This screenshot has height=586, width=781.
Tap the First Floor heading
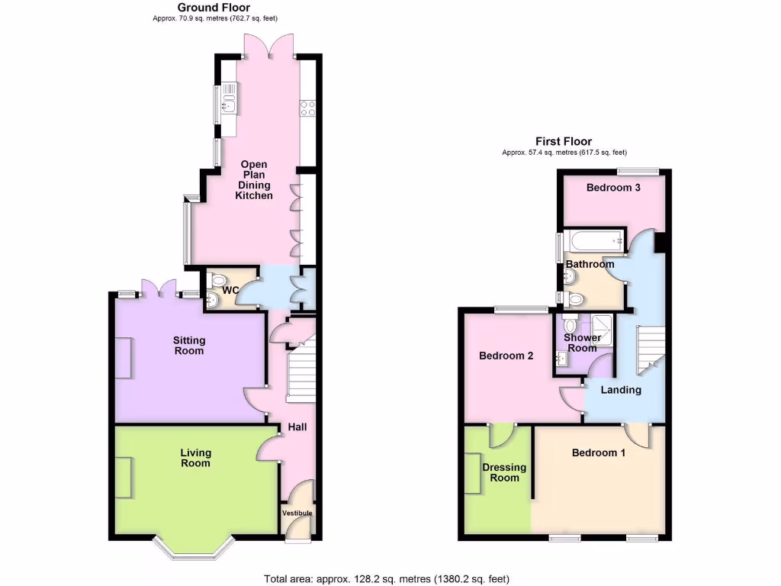click(564, 141)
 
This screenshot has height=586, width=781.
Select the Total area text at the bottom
click(387, 578)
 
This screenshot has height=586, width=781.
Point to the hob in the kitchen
click(309, 108)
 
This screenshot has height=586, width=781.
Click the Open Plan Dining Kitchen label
click(254, 180)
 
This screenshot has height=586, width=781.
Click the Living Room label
click(196, 458)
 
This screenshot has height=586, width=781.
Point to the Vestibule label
click(297, 514)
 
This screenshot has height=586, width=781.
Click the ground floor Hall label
click(297, 427)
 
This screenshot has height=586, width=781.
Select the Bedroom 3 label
click(612, 187)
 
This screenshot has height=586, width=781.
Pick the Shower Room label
click(582, 343)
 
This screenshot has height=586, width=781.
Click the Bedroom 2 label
click(506, 356)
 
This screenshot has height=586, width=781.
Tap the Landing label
click(621, 390)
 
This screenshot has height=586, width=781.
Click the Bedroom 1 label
click(599, 452)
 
